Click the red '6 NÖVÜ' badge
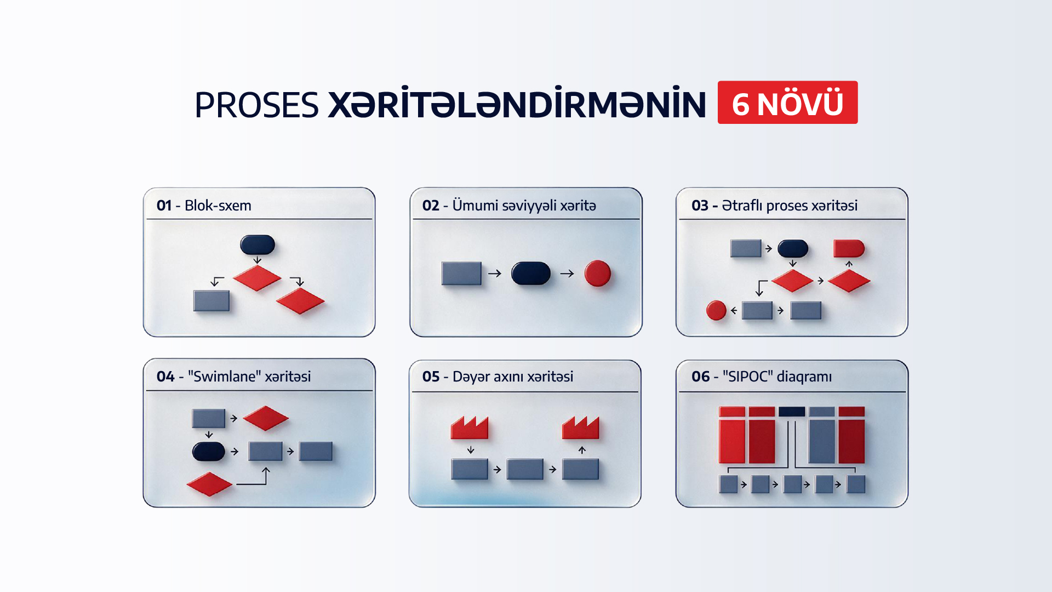coord(787,103)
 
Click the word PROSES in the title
coord(256,105)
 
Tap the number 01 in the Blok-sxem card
coord(164,206)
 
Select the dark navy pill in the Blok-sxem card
coord(258,245)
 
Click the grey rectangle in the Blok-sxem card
coord(211,301)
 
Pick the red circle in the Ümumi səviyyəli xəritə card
coord(597,274)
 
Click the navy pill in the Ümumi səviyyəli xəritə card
coord(531,273)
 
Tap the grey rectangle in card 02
coord(461,274)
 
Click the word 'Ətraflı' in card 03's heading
coord(742,206)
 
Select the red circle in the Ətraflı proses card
coord(716,310)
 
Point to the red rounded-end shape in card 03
coord(849,248)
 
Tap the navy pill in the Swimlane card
coord(209,452)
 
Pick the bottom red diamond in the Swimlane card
coord(209,484)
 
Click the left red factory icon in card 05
coord(470,428)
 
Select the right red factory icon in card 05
coord(581,428)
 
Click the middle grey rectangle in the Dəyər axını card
coord(525,469)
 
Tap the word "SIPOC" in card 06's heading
coord(747,377)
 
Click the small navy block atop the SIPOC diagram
coord(792,411)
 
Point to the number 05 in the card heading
coord(431,377)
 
